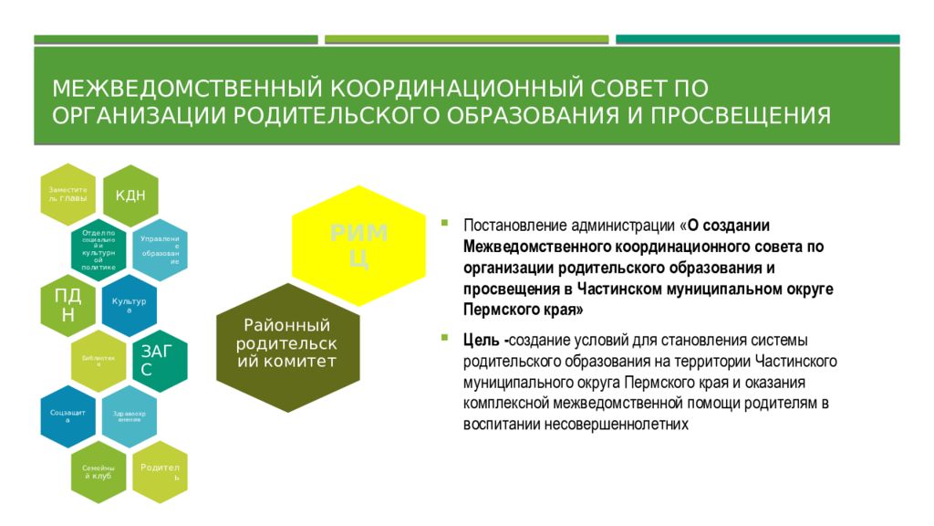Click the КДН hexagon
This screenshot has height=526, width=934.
pyautogui.click(x=130, y=195)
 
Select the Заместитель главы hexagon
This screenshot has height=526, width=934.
pyautogui.click(x=68, y=195)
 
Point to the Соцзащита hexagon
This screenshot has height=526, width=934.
pyautogui.click(x=68, y=416)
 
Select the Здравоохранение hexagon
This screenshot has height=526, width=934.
pyautogui.click(x=129, y=416)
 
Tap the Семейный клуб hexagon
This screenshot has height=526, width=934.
pyautogui.click(x=99, y=471)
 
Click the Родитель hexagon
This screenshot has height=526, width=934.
pyautogui.click(x=159, y=471)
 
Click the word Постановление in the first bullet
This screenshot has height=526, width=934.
pyautogui.click(x=515, y=226)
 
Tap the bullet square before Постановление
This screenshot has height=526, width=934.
pyautogui.click(x=444, y=222)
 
